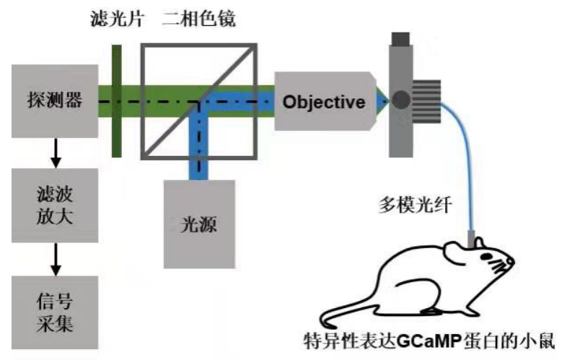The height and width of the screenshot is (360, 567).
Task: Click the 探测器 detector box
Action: pos(54,101)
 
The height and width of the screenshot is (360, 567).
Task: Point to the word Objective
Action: pos(324,102)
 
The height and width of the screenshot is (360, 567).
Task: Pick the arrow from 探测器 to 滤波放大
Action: pos(54,152)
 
